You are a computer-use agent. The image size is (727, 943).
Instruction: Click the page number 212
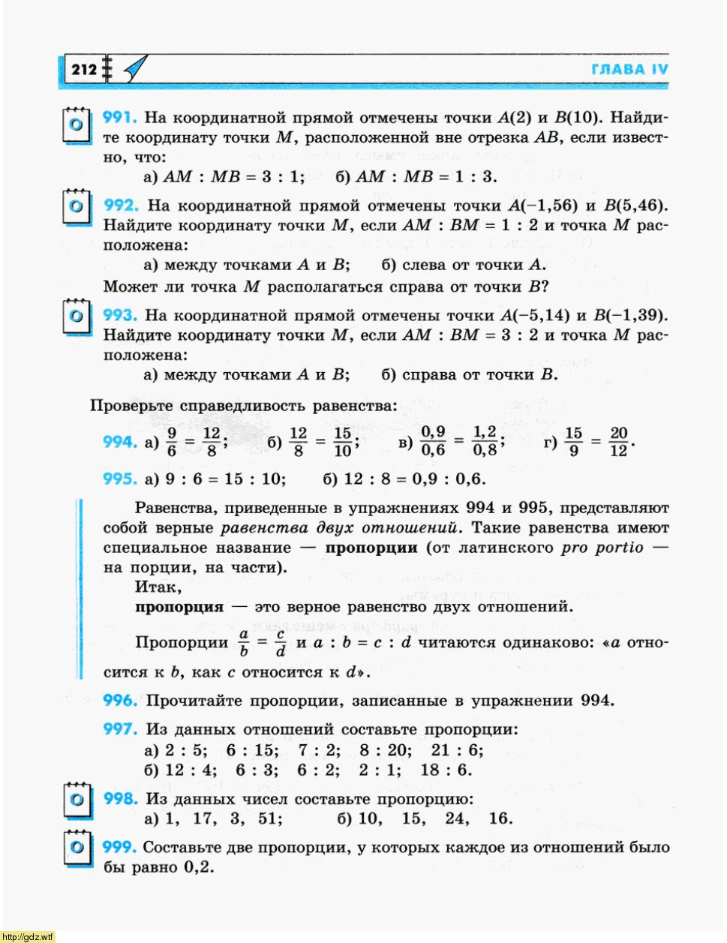84,70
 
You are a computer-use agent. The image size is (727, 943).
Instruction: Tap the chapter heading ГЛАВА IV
629,70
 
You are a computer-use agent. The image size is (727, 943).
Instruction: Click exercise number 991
119,118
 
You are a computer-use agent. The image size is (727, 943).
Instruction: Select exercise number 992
119,206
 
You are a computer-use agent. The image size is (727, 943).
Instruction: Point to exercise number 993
119,316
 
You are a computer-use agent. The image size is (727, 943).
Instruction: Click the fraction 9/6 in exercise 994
172,442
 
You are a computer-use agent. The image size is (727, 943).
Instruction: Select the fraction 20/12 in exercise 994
618,442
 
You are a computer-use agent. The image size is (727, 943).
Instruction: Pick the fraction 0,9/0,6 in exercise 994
433,442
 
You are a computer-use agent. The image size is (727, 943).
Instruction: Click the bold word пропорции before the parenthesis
371,548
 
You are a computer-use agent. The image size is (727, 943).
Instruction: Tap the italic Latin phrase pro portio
602,548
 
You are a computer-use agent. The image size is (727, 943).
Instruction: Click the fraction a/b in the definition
243,643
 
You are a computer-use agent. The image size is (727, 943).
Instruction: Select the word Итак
158,587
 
